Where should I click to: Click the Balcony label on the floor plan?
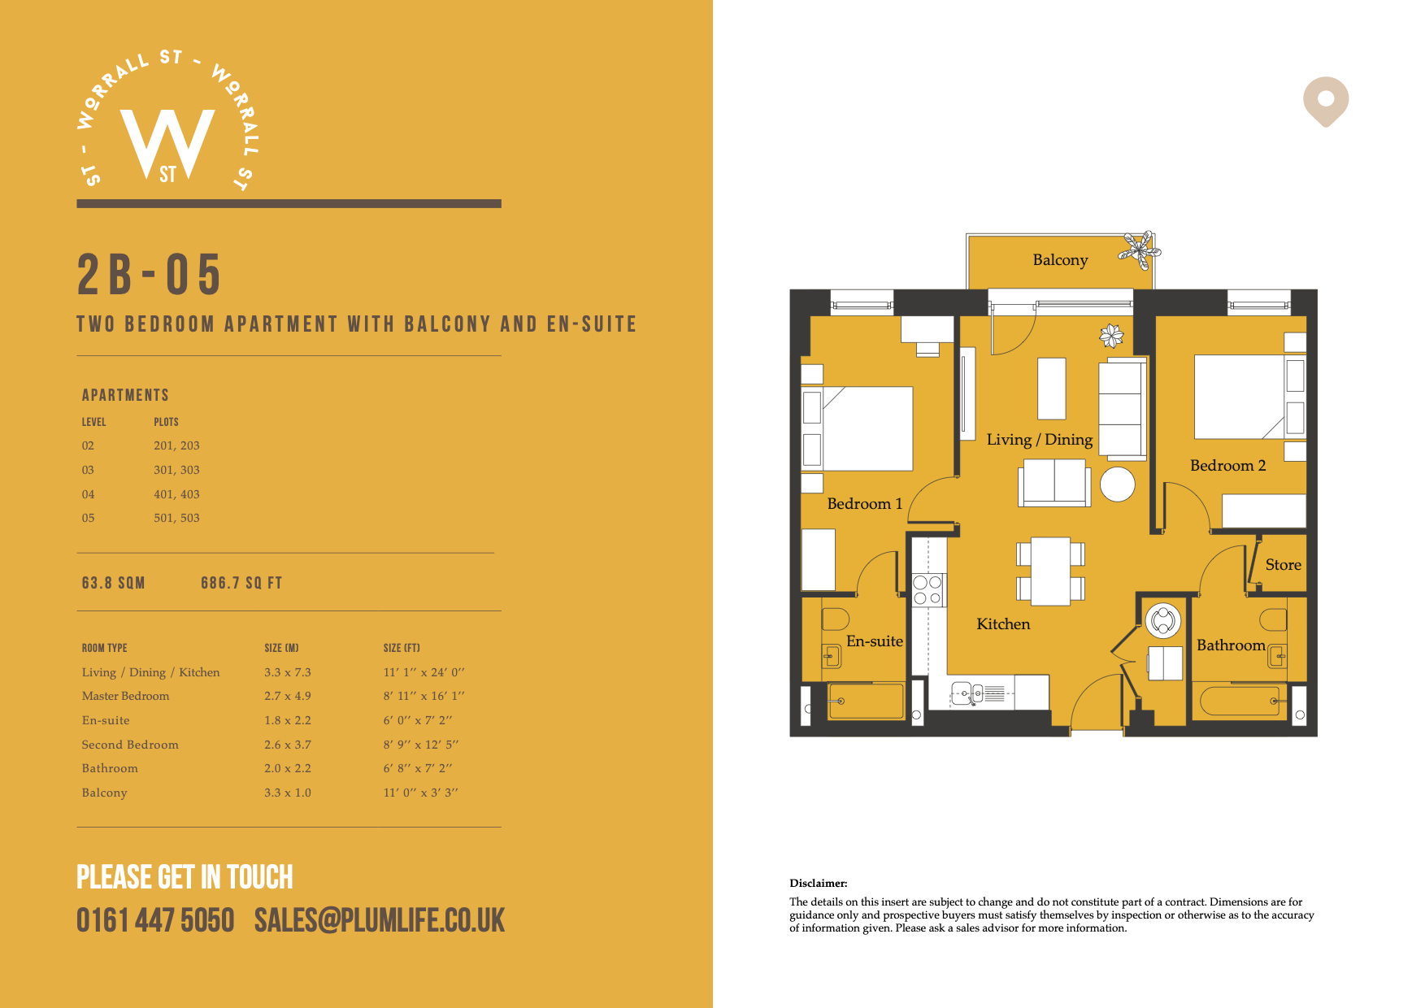[1060, 260]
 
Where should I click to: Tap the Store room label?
[1283, 565]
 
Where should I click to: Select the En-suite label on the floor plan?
[875, 641]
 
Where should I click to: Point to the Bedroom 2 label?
[1227, 466]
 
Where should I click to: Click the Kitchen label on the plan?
[1003, 624]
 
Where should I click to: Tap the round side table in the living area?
[1118, 484]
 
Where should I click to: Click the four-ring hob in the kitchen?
[928, 589]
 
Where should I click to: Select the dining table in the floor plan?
[1050, 571]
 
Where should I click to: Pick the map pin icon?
[1326, 101]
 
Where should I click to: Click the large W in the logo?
[167, 141]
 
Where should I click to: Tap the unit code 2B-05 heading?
[149, 274]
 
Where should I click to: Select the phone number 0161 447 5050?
[155, 921]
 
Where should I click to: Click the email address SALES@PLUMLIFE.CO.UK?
[380, 921]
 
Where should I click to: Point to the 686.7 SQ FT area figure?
[241, 583]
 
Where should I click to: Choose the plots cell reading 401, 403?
[176, 494]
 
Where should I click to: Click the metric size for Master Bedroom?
[288, 696]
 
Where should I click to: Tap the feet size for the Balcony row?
[420, 793]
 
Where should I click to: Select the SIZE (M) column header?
[281, 648]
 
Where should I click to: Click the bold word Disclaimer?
[819, 884]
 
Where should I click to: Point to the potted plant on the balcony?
[1137, 250]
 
